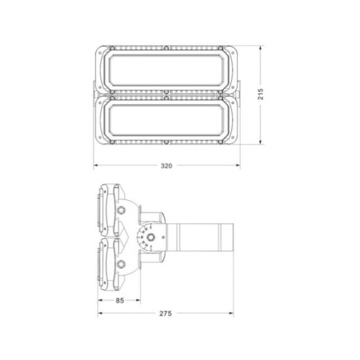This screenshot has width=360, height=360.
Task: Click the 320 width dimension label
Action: pyautogui.click(x=166, y=166)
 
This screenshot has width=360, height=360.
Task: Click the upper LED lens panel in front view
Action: pyautogui.click(x=166, y=70)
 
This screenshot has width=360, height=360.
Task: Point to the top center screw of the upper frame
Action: pyautogui.click(x=166, y=47)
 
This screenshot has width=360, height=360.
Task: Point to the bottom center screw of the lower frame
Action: pyautogui.click(x=166, y=141)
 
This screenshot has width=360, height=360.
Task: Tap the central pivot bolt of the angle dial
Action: pyautogui.click(x=151, y=238)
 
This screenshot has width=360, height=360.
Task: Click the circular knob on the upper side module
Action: pyautogui.click(x=121, y=210)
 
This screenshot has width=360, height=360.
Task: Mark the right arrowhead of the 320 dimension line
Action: pyautogui.click(x=238, y=166)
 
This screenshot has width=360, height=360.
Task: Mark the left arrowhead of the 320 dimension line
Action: pyautogui.click(x=95, y=166)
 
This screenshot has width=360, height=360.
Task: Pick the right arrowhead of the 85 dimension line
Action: pyautogui.click(x=139, y=302)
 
